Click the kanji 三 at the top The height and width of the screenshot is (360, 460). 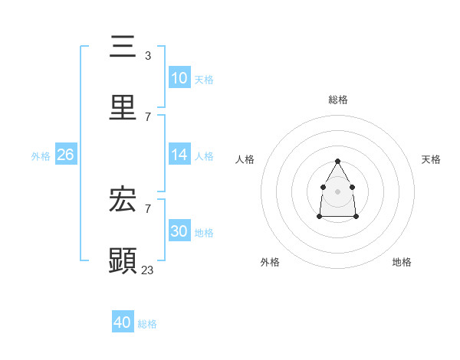click(123, 47)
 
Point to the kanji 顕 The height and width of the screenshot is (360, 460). click(123, 261)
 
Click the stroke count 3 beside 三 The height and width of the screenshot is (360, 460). click(147, 56)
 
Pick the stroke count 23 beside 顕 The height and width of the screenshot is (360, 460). click(148, 270)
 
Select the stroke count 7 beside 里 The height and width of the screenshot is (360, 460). click(147, 116)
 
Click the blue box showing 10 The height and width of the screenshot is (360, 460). click(179, 78)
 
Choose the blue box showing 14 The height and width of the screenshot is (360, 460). click(179, 155)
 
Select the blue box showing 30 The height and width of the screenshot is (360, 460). click(179, 231)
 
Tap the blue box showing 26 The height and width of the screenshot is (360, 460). click(66, 155)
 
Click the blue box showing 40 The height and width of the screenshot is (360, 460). click(123, 322)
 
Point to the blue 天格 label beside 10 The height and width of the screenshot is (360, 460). click(204, 80)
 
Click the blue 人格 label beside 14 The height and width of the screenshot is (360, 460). click(204, 156)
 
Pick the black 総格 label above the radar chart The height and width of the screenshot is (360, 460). click(338, 100)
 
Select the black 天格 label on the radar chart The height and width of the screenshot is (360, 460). click(431, 159)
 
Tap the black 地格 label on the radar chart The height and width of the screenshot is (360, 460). click(402, 262)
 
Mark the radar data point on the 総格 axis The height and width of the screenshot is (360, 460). click(337, 161)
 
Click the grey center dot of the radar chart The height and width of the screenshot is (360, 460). click(337, 191)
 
